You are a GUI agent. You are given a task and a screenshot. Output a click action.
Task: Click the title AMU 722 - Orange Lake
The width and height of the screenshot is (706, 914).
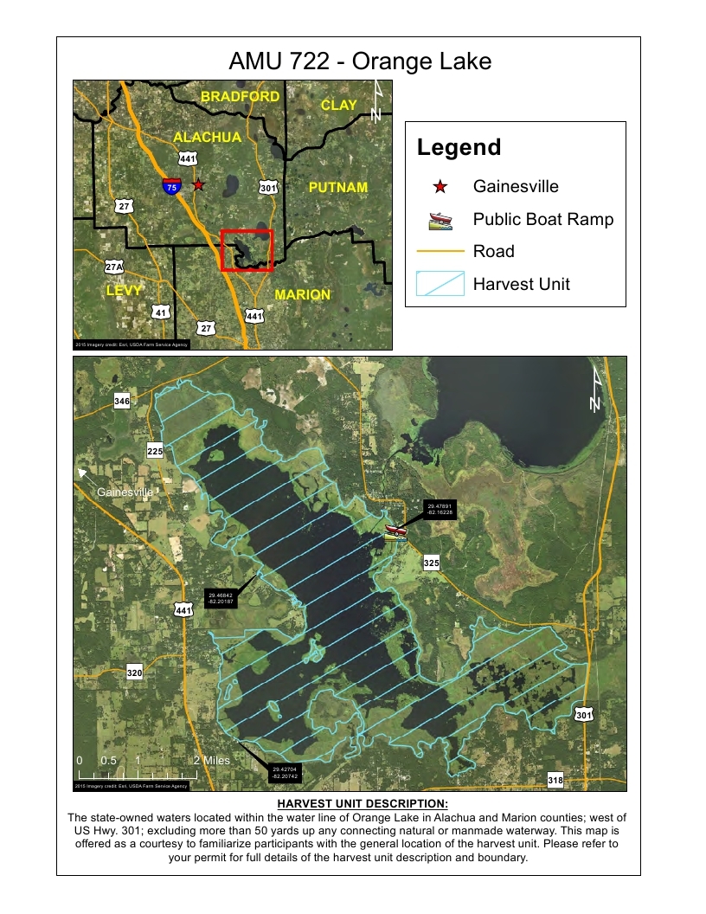coord(360,61)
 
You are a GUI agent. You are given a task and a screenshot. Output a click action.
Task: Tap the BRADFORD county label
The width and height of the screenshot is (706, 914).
coord(240,97)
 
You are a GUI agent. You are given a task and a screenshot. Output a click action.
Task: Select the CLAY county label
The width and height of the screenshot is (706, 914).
coord(338,105)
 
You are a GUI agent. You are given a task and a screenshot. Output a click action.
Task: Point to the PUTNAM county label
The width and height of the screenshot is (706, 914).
coord(338,187)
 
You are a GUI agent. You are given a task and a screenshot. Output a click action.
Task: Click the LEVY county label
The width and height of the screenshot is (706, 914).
coord(123,291)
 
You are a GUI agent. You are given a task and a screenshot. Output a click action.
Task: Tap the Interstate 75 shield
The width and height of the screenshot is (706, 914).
coord(171,185)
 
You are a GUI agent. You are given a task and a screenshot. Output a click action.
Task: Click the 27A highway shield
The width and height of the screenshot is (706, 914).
coord(113,267)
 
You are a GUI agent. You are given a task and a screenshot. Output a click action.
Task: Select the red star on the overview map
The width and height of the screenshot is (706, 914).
coord(198,184)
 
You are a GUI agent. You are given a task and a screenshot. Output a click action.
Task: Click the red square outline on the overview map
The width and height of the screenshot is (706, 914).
coord(247,250)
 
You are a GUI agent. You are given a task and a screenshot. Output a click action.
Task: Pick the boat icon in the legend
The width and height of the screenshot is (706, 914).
coord(440,220)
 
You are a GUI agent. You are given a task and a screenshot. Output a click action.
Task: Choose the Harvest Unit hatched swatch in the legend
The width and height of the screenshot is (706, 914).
coord(440,284)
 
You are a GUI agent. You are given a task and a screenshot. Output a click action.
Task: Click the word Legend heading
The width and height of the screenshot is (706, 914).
coord(459,148)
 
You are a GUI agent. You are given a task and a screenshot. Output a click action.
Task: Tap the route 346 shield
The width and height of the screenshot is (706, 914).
coord(122,402)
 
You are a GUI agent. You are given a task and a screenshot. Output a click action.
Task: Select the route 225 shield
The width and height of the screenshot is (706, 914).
coord(155,452)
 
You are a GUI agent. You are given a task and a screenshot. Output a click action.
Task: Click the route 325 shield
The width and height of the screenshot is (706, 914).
coord(432,563)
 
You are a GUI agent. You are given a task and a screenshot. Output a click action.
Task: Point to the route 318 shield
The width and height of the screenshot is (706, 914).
coord(555,781)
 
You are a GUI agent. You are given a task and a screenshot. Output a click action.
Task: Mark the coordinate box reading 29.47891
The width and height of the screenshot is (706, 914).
coord(440,510)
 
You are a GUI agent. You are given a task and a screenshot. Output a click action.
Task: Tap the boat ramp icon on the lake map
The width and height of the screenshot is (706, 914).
coord(395,531)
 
